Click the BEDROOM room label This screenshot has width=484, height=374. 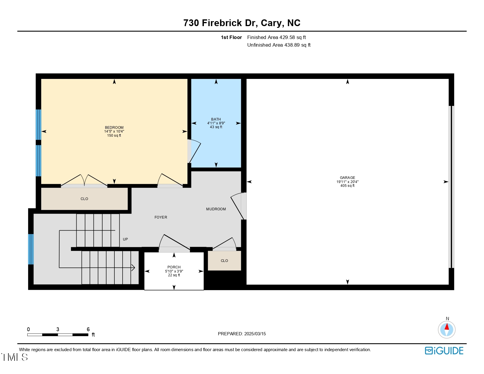point(114,128)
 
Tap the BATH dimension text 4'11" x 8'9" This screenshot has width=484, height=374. point(216,123)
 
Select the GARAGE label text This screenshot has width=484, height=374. point(347,178)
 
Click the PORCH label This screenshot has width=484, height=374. point(174,267)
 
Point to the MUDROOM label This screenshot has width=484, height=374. point(216,209)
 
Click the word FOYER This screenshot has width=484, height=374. point(161,217)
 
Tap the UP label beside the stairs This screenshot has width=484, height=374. point(125,239)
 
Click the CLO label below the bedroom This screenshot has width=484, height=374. point(84,199)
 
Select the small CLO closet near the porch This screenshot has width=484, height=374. point(224,261)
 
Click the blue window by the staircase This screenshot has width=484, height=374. point(31,249)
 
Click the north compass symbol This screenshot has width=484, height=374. point(446,329)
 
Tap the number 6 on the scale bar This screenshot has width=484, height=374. point(88,329)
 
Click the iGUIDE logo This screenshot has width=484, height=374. point(444,351)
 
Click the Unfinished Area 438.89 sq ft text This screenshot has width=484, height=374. point(279,45)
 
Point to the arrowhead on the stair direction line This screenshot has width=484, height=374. point(133,268)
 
